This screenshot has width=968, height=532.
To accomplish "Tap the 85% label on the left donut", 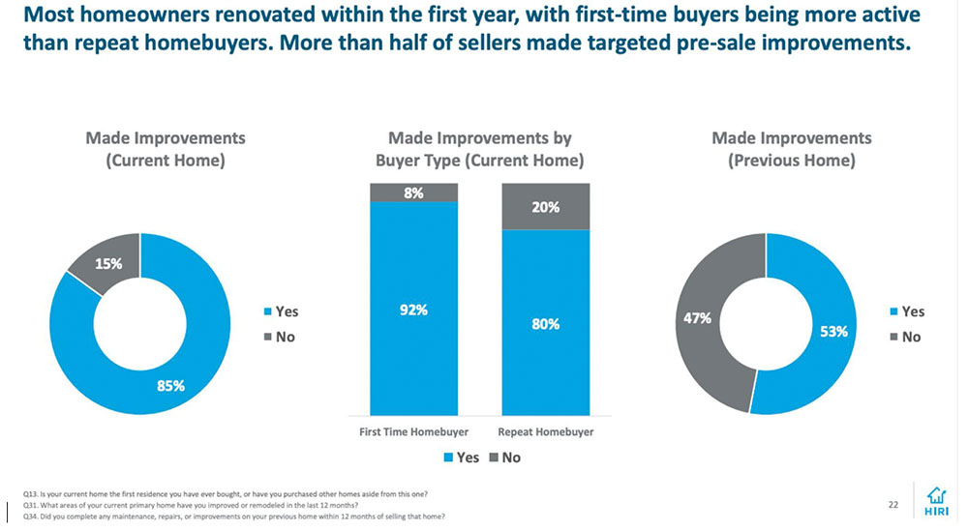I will [171, 385].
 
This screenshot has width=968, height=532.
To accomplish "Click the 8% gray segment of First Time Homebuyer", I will [413, 192].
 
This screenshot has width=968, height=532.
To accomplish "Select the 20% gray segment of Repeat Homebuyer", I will [545, 207].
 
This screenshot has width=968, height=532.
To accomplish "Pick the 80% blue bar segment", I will [545, 324].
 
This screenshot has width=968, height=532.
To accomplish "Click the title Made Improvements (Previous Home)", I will [791, 150].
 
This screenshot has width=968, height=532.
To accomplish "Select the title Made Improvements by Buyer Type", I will [479, 150].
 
